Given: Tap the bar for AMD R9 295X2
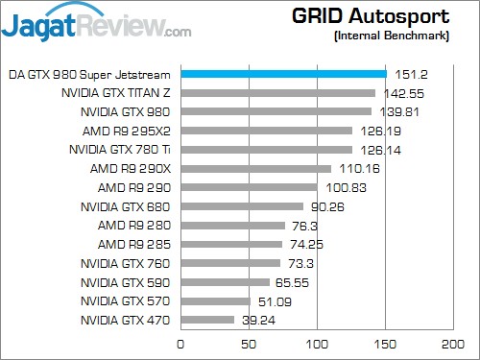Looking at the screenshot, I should click(266, 131).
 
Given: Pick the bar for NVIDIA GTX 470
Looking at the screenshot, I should click(207, 320).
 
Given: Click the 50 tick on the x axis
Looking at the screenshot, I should click(249, 343).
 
